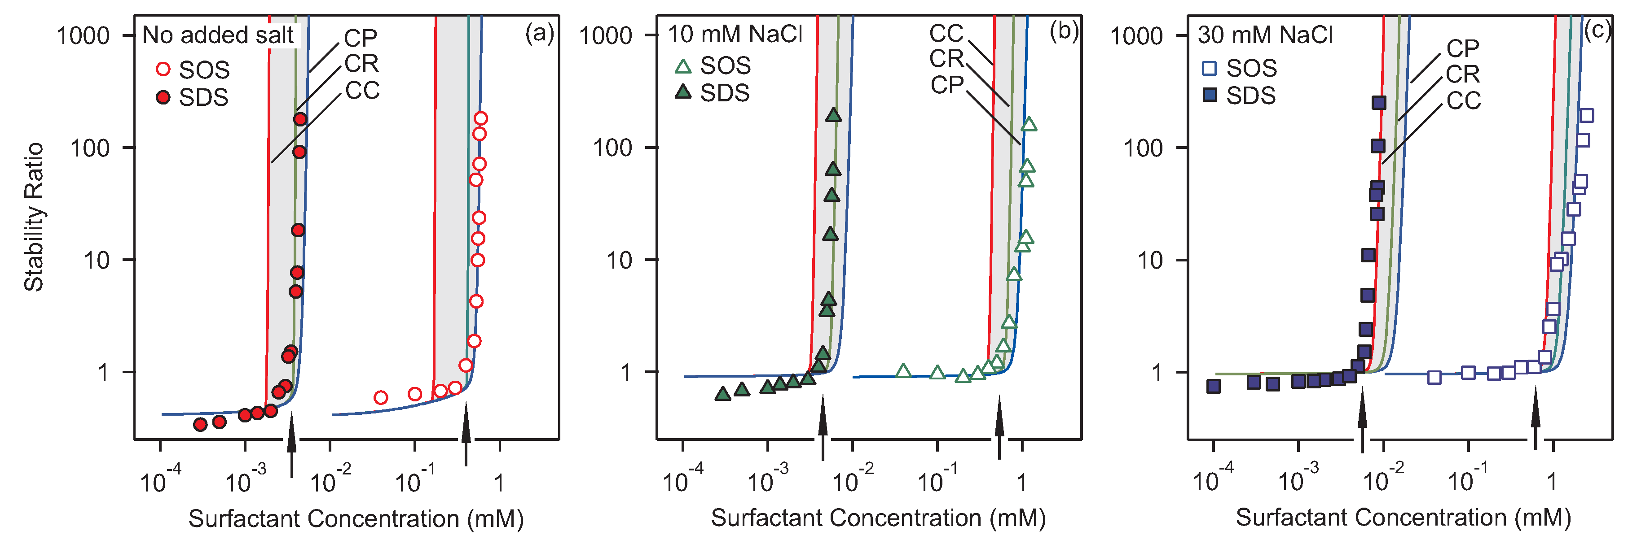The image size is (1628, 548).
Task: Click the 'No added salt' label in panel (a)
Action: [218, 35]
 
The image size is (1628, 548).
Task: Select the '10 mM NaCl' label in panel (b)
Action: [735, 34]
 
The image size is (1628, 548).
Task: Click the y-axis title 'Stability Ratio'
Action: [34, 217]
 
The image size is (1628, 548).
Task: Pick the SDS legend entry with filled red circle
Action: [193, 97]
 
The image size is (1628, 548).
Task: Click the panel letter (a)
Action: [540, 33]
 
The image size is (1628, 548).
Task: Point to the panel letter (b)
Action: [1064, 31]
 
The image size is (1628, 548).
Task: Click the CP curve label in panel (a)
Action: [360, 39]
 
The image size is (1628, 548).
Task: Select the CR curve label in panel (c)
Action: [1462, 74]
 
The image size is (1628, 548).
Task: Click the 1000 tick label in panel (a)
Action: [84, 36]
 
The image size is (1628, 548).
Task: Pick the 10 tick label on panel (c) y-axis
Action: [1149, 261]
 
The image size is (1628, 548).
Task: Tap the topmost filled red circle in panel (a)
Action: [300, 119]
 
